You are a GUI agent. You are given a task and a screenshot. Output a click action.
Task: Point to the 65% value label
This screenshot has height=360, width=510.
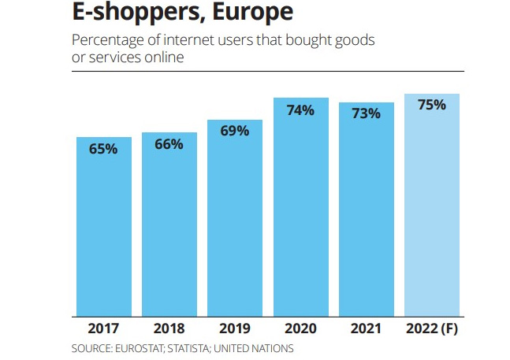pyautogui.click(x=103, y=148)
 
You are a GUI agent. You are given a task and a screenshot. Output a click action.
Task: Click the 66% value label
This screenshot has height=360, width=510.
pyautogui.click(x=169, y=144)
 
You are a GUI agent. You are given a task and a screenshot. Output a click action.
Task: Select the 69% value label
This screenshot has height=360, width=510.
pyautogui.click(x=235, y=131)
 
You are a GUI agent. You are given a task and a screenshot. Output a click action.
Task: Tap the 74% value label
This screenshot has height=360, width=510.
pyautogui.click(x=300, y=110)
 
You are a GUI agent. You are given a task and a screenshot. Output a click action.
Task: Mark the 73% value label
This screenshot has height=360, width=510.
pyautogui.click(x=367, y=114)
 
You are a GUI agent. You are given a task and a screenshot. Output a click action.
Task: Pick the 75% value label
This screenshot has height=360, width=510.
pyautogui.click(x=432, y=105)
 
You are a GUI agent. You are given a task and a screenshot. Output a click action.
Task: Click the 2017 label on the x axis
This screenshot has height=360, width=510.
pyautogui.click(x=103, y=328)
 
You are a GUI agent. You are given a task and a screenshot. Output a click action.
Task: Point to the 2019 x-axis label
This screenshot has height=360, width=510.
pyautogui.click(x=235, y=328)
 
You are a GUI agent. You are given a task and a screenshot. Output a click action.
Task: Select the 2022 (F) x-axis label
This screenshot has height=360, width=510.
pyautogui.click(x=432, y=328)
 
